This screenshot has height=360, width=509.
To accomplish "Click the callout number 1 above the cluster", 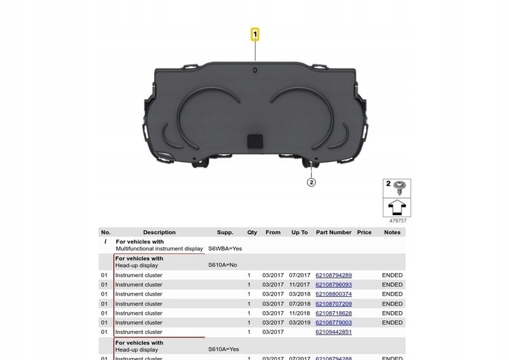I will click(x=255, y=33).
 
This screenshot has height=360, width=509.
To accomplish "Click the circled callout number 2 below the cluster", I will click(x=311, y=182).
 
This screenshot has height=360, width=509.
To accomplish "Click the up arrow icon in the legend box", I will click(x=397, y=207).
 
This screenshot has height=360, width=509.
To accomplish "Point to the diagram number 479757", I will click(x=398, y=221).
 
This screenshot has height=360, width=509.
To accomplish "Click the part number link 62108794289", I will click(x=333, y=275).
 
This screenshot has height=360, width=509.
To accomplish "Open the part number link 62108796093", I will click(x=333, y=284).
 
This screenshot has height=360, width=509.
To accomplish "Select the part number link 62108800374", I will click(x=333, y=294).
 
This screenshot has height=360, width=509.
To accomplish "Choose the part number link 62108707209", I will click(x=333, y=303).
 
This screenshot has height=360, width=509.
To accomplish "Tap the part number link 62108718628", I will click(x=333, y=313).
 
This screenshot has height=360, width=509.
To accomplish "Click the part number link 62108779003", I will click(x=333, y=323).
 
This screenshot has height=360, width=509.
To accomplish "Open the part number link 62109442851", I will click(x=333, y=332).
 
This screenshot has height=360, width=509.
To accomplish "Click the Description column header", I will click(x=159, y=232).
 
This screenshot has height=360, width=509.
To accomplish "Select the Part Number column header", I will click(x=334, y=232).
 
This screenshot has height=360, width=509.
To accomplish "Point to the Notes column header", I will click(x=392, y=232).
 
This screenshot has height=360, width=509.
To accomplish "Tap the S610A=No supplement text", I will click(x=223, y=265).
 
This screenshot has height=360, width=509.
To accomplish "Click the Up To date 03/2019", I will click(x=299, y=323).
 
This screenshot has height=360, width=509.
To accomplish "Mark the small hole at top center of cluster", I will click(x=255, y=70).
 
